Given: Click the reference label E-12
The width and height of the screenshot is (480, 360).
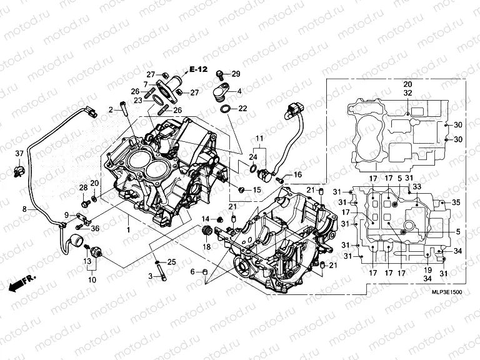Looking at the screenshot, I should pyautogui.click(x=198, y=69).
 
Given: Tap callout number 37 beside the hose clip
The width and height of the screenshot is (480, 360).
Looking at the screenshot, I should pyautogui.click(x=19, y=154).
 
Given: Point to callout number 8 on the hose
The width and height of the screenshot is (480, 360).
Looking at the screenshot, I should pyautogui.click(x=25, y=210).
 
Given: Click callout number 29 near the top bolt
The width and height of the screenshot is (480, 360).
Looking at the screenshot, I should pyautogui.click(x=236, y=74).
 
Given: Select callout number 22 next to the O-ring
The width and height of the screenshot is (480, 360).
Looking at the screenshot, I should pyautogui.click(x=242, y=109).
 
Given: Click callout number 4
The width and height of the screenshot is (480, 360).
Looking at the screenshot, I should pyautogui.click(x=239, y=91).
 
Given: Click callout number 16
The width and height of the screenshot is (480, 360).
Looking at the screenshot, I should pyautogui.click(x=297, y=174).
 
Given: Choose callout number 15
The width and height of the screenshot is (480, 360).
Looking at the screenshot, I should pyautogui.click(x=256, y=189).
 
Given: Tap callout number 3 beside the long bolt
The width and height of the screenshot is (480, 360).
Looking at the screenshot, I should pyautogui.click(x=150, y=276).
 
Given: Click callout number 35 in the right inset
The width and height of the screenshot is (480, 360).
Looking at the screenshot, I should pyautogui.click(x=456, y=202).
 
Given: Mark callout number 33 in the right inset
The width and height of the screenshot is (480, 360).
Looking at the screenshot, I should pyautogui.click(x=417, y=187).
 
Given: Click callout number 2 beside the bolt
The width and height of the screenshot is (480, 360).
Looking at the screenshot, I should pyautogui.click(x=111, y=110).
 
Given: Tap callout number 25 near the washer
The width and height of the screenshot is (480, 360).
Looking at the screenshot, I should pyautogui.click(x=172, y=261).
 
